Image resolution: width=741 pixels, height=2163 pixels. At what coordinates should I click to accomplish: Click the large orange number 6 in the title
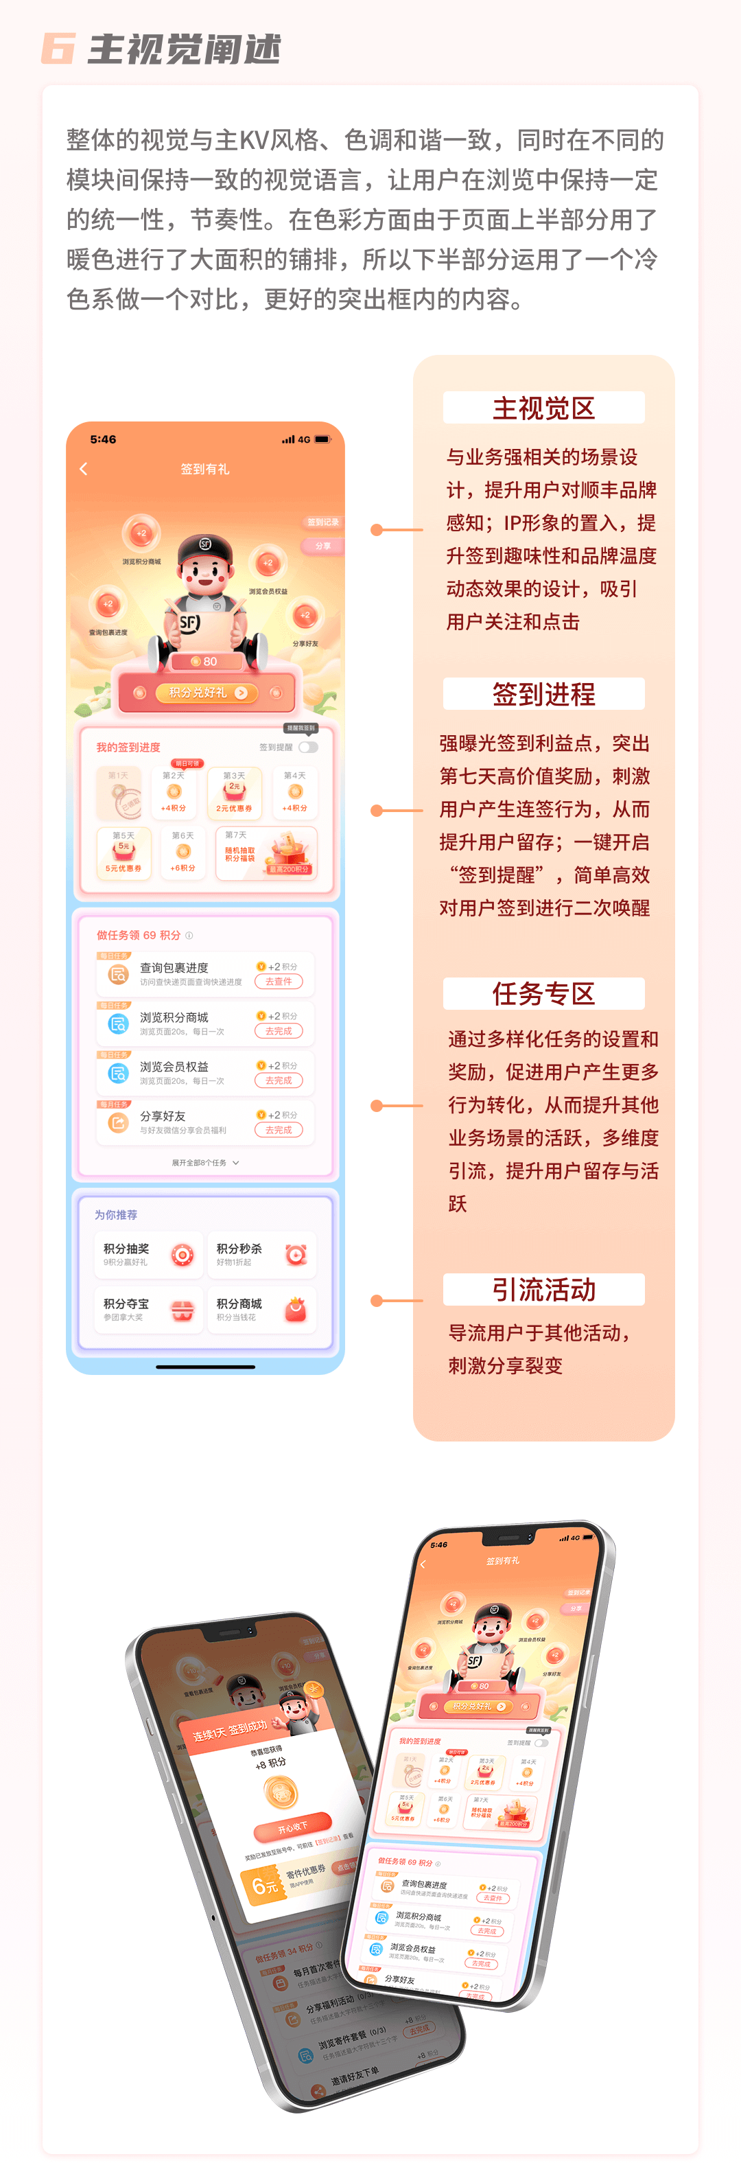(x=58, y=49)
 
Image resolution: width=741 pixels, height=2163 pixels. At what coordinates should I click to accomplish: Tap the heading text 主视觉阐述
(x=185, y=49)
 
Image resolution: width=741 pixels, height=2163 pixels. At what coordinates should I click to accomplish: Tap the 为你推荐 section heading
(x=116, y=1215)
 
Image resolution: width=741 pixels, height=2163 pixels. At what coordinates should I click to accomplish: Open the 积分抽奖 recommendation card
(x=148, y=1254)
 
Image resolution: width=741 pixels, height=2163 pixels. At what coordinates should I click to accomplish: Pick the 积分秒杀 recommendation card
(x=261, y=1254)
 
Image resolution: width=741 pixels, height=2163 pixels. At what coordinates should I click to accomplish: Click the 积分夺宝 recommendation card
(x=148, y=1310)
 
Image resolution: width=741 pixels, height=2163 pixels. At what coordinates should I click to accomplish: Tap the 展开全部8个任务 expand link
(x=204, y=1163)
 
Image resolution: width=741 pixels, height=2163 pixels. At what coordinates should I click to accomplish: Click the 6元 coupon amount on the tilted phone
(x=266, y=1886)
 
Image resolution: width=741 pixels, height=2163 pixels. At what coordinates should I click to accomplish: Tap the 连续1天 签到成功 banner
(x=230, y=1731)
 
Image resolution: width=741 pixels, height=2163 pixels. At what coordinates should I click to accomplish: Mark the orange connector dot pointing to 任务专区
(x=377, y=1106)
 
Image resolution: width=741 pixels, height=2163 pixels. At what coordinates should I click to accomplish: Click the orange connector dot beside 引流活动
(x=377, y=1301)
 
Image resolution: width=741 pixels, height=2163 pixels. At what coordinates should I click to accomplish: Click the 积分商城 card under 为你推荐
(x=261, y=1310)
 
